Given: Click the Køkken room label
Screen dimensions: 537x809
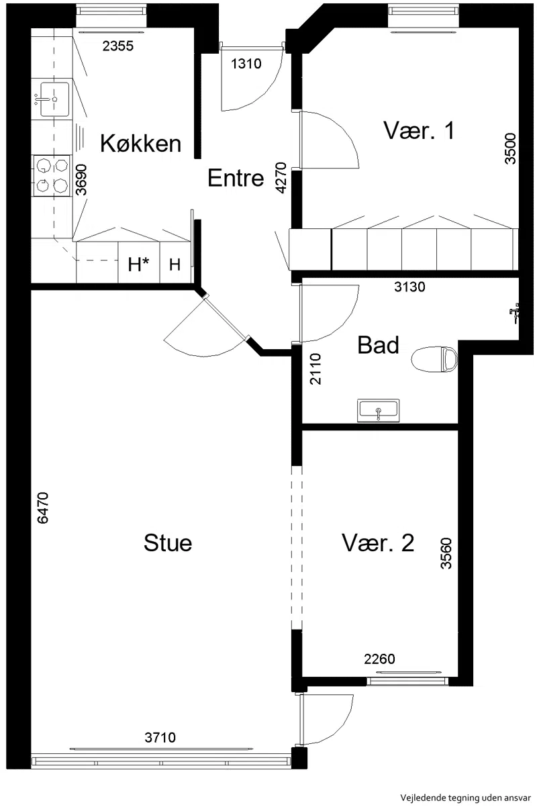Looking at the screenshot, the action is (140, 144).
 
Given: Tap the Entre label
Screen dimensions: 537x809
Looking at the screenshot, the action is (236, 178).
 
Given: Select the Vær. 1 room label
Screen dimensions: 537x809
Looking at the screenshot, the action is (419, 130).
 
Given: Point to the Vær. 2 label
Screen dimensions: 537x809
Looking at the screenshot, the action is (378, 543).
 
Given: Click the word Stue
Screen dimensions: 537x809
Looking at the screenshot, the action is (168, 543).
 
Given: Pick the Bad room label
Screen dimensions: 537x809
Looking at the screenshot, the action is (378, 345).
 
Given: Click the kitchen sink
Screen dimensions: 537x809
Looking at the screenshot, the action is (54, 99).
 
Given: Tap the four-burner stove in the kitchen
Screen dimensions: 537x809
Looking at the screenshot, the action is (52, 175).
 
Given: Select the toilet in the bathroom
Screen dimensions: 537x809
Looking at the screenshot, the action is (435, 359).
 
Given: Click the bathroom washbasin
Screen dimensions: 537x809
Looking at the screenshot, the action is (378, 410).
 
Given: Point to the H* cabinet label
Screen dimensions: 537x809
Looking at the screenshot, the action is (138, 265).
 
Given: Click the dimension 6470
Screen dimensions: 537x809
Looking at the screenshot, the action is (42, 508).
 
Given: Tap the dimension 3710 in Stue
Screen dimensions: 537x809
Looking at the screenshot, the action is (160, 737).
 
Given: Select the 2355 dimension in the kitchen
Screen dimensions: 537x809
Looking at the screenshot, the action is (117, 46).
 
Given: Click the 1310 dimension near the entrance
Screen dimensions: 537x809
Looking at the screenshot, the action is (246, 64).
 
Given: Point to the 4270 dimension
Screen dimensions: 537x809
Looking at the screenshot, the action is (281, 178).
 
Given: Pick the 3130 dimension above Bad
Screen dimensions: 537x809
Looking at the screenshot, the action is (409, 287).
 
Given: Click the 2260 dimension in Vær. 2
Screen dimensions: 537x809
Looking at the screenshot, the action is (379, 659).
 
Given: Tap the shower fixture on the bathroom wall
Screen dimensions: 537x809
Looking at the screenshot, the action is (514, 312).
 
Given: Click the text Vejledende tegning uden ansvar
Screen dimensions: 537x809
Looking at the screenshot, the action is (465, 798).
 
